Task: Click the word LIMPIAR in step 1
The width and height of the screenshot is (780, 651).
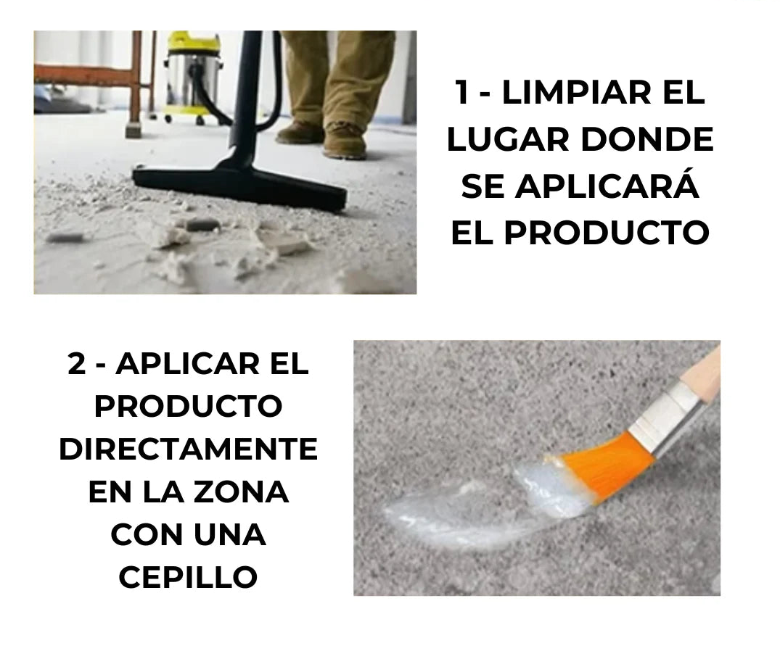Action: [577, 93]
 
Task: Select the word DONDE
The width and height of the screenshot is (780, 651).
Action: [648, 139]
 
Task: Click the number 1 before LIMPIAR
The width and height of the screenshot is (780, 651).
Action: [462, 93]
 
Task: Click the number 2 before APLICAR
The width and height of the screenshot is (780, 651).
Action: [77, 364]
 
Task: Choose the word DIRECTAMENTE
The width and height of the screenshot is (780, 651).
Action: [189, 449]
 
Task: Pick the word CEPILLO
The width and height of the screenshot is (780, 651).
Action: [188, 577]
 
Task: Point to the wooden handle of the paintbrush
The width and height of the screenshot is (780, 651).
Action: [702, 370]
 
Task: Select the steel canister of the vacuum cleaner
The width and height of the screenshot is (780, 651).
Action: [194, 80]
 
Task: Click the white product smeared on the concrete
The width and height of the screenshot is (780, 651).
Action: [477, 512]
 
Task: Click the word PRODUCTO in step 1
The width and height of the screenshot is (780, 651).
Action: [607, 231]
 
